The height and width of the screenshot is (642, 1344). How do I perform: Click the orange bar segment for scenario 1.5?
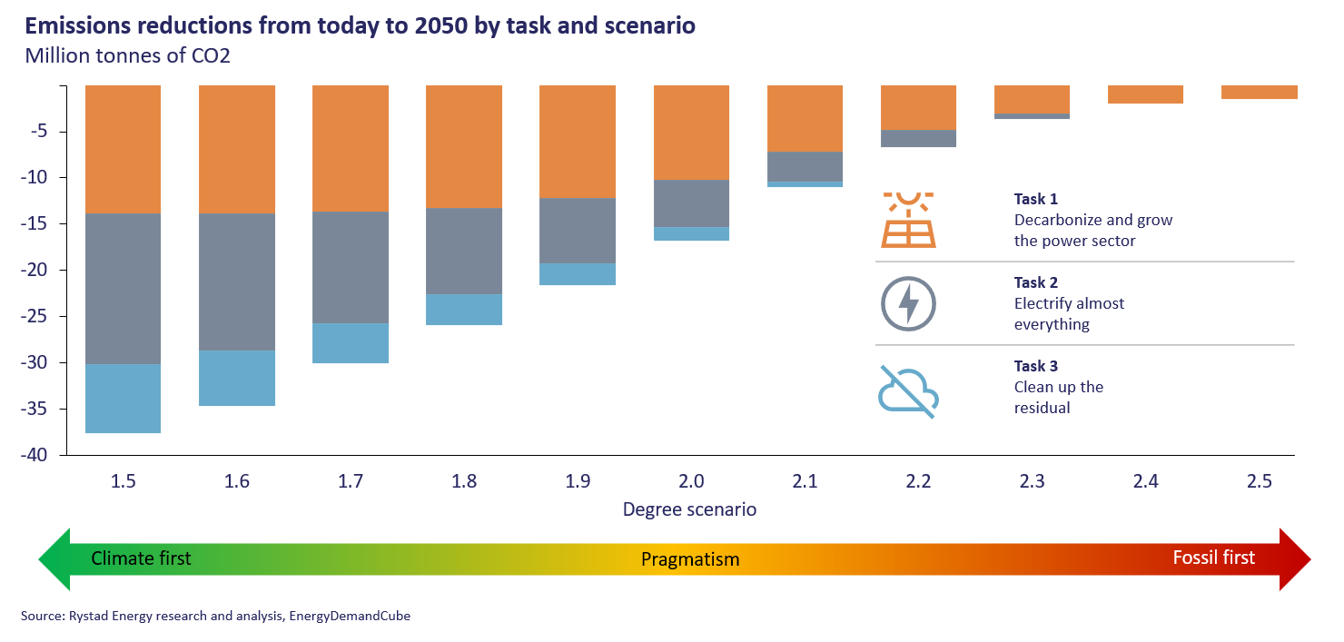(123, 150)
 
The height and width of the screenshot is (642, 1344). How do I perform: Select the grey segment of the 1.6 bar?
(236, 282)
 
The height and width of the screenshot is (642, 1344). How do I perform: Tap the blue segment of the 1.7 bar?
(351, 343)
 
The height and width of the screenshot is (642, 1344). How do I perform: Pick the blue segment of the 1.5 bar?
(123, 399)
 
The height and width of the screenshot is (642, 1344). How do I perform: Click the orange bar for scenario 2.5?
(1259, 92)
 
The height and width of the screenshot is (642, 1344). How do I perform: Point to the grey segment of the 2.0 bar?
(691, 203)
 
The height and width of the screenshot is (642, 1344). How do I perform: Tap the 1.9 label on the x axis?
(578, 481)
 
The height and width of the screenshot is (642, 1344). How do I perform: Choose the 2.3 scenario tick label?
(1032, 481)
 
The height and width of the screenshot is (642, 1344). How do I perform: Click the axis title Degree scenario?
(689, 509)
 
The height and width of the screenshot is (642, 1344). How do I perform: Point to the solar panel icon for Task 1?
(907, 220)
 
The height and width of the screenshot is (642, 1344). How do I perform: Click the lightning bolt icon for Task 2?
(907, 303)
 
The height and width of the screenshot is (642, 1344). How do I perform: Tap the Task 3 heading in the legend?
(1036, 366)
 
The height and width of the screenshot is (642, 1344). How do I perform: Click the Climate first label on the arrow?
(141, 558)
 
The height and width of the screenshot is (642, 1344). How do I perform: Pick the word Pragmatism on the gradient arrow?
(690, 559)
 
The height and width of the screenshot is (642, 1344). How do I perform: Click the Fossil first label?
(1213, 558)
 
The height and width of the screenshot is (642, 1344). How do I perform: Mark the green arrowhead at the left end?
(54, 558)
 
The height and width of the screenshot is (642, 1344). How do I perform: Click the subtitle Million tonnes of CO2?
(128, 55)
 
